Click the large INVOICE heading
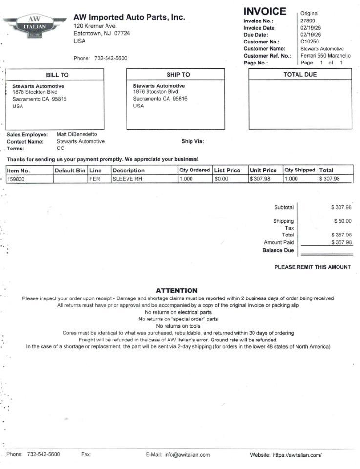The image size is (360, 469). point(265,11)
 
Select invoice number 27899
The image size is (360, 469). point(308,21)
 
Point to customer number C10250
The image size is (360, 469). point(310,42)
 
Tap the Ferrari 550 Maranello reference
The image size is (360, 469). point(325,56)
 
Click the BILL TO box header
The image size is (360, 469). point(57,75)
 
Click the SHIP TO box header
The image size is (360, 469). point(178,75)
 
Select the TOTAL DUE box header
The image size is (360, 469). point(300,75)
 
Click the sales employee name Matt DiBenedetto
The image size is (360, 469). point(77,134)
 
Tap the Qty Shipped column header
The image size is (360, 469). point(300,170)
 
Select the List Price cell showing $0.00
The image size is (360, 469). point(221,179)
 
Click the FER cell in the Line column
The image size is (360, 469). point(95,179)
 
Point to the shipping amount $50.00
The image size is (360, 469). point(341,221)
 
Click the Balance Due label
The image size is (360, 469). point(278,250)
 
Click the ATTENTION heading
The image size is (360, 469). point(176,290)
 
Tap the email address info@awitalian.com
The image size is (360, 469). point(187,455)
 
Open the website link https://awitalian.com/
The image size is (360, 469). point(297,455)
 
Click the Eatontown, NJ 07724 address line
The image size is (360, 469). point(102,33)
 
